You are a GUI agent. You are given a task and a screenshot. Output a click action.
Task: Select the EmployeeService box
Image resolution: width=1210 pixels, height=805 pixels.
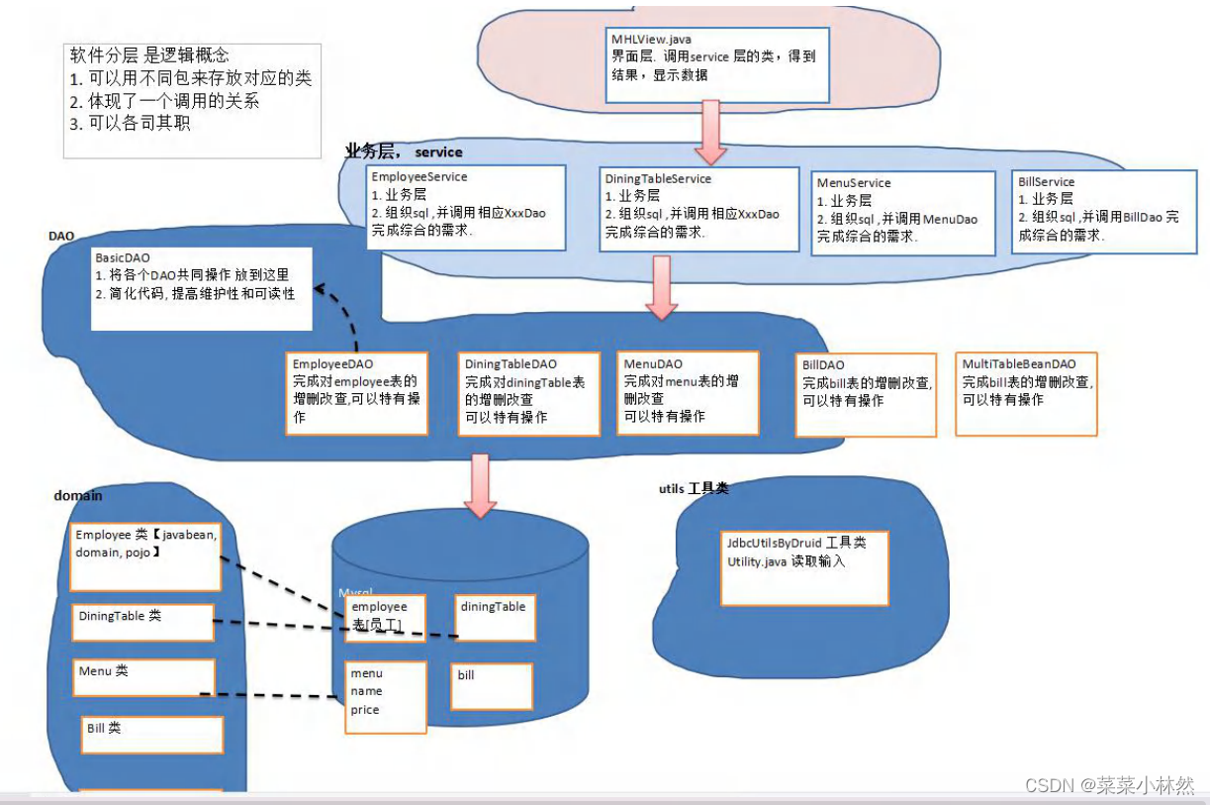click(x=466, y=207)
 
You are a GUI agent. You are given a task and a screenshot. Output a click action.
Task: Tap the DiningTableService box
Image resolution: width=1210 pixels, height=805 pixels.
click(x=700, y=209)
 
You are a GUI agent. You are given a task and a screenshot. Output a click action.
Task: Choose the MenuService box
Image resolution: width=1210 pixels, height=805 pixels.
click(x=902, y=213)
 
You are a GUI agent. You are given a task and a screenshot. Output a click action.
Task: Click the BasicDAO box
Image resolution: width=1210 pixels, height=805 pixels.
click(x=201, y=288)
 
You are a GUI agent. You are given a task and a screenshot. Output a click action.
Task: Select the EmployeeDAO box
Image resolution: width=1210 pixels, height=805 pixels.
click(x=357, y=392)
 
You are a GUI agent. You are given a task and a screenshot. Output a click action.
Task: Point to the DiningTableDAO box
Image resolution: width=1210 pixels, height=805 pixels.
click(x=529, y=393)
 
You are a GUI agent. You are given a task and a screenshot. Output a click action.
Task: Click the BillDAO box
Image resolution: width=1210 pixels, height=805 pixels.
click(x=865, y=395)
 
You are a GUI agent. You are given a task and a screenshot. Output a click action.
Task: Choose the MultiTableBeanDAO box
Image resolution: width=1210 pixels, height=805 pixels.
click(x=1027, y=393)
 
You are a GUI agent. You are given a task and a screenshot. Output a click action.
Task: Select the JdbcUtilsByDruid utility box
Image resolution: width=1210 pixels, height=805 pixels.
click(x=803, y=568)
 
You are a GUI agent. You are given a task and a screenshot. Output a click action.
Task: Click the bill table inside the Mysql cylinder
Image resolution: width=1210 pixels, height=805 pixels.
click(x=492, y=686)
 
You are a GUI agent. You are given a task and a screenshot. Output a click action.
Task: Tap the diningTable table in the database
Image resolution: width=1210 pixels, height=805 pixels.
click(x=495, y=618)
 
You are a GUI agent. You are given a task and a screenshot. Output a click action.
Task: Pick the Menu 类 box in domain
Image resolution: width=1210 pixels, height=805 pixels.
click(x=143, y=677)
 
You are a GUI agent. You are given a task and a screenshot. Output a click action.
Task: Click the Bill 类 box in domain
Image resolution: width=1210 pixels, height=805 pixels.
click(x=152, y=735)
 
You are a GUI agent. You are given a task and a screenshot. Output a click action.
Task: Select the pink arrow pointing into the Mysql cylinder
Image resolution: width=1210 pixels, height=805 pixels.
click(x=481, y=485)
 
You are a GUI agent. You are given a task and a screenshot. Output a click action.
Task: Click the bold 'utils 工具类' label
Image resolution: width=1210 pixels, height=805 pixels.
click(x=694, y=489)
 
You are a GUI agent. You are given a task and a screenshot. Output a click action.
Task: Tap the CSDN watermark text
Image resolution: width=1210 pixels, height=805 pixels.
click(x=1109, y=784)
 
